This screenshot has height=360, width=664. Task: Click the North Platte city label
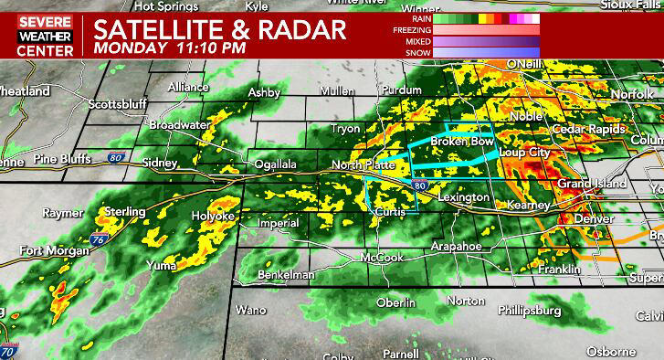click(363, 165)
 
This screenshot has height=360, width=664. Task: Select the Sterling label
click(126, 211)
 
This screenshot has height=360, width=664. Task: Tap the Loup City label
click(525, 153)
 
